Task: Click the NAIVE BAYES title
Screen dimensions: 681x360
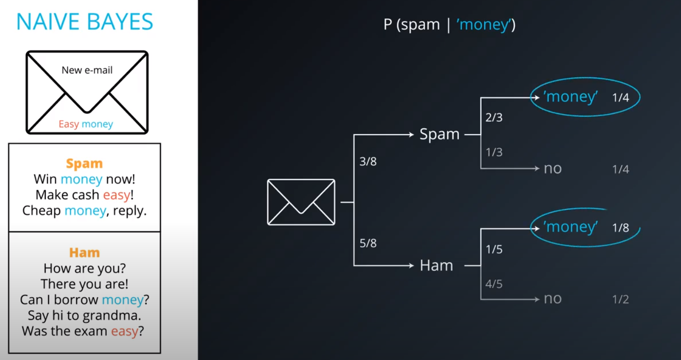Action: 85,22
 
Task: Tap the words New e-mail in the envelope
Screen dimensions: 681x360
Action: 87,70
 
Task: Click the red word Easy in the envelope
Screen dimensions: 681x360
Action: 69,124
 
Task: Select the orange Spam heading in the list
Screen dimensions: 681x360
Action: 84,163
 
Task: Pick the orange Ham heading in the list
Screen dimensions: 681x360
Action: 84,252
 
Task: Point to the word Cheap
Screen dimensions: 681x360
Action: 41,210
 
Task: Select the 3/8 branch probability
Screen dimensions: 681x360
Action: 368,162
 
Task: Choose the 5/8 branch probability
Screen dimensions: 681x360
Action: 368,243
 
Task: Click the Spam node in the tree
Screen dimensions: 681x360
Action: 439,134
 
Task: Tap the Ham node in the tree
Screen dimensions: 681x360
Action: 436,266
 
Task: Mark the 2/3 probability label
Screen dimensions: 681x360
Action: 494,117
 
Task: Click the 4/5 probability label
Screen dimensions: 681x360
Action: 494,284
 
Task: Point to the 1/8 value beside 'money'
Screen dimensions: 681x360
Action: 620,228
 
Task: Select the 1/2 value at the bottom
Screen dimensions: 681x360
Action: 620,299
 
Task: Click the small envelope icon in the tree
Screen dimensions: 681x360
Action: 301,202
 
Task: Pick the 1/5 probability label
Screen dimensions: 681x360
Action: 494,249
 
